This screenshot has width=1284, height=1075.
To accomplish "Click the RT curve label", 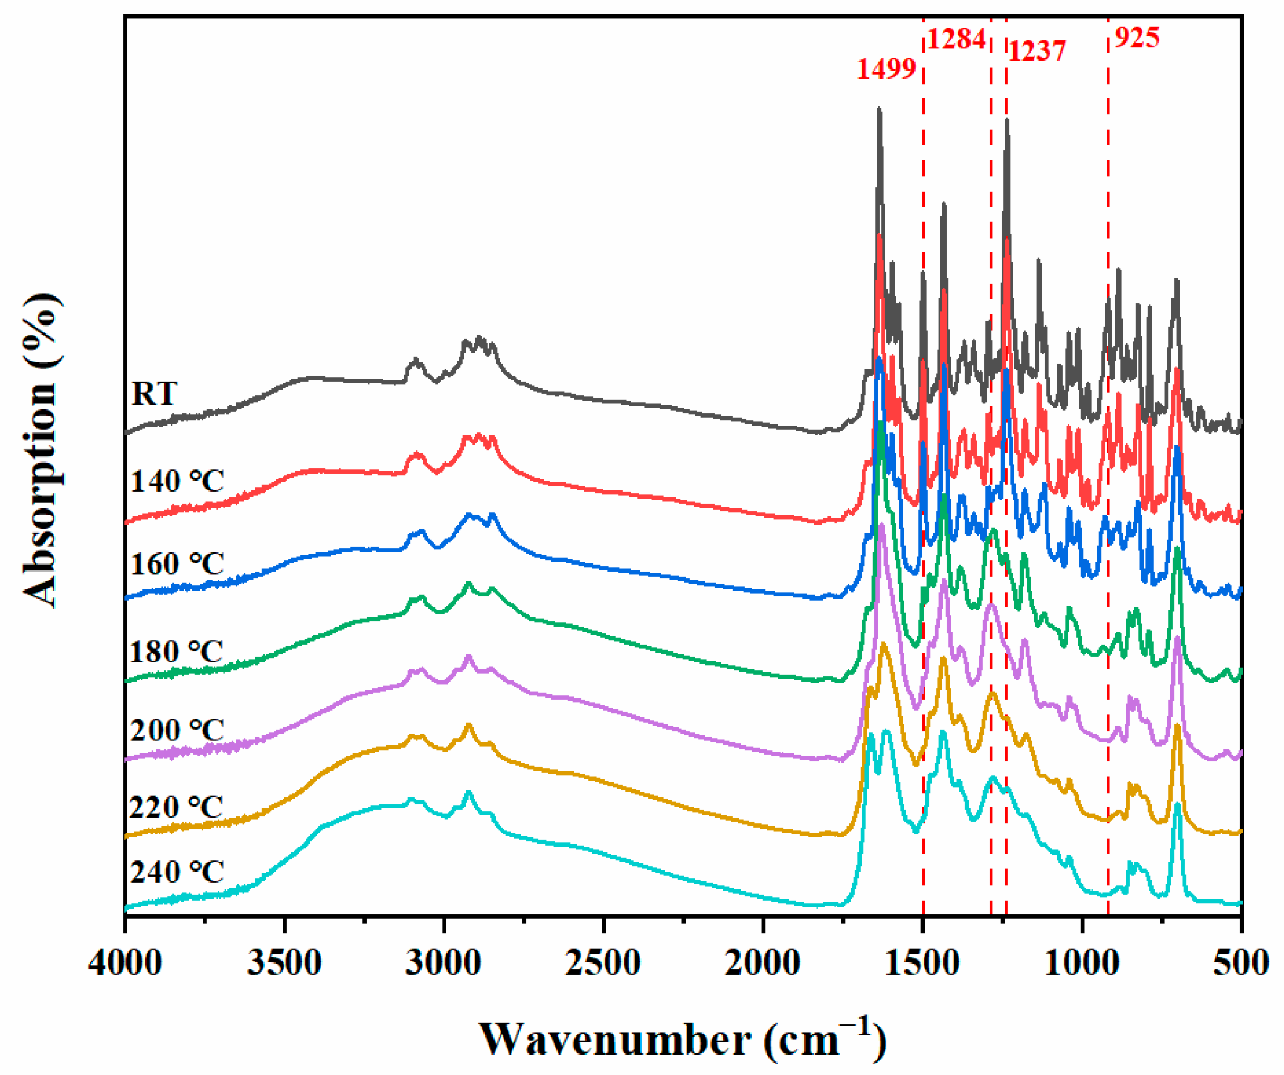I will (x=154, y=393).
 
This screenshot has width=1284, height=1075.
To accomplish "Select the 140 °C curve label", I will (x=177, y=481).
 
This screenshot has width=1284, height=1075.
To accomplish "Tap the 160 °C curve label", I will (x=177, y=563).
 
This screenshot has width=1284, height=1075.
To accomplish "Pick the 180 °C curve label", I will (x=176, y=651).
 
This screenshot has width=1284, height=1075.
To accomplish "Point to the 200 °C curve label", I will (x=177, y=730).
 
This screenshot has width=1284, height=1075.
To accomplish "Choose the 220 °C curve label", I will (x=176, y=807).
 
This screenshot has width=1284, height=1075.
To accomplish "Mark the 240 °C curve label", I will (x=177, y=872).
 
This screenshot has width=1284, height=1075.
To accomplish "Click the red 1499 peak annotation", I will (x=885, y=68).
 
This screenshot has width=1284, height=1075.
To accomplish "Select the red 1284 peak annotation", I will (x=956, y=39).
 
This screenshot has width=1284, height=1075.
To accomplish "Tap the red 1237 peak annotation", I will (x=1037, y=51).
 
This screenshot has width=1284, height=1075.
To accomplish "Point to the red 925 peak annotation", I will (x=1136, y=37).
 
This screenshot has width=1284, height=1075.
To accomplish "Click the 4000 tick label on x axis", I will (x=125, y=963).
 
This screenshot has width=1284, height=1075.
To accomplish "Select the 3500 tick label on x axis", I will (x=284, y=963).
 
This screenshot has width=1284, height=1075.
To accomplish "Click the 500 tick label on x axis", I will (x=1241, y=963).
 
